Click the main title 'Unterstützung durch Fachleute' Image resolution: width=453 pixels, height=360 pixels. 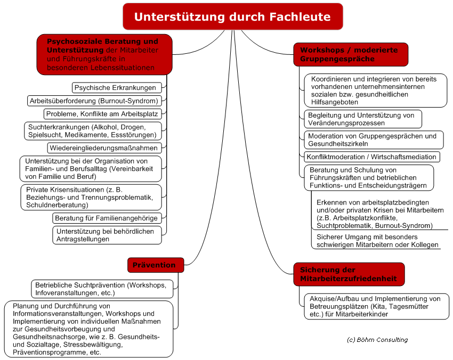pyautogui.click(x=232, y=17)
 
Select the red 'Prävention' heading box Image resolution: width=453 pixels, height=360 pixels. pyautogui.click(x=156, y=265)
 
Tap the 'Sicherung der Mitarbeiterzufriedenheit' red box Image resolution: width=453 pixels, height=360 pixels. pyautogui.click(x=349, y=274)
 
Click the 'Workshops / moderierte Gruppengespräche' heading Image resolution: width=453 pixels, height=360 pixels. pyautogui.click(x=351, y=54)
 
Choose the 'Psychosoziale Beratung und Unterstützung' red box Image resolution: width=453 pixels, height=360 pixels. pyautogui.click(x=104, y=54)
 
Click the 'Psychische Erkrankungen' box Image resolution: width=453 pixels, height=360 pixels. pyautogui.click(x=117, y=88)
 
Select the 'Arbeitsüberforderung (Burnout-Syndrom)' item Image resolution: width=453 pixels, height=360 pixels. pyautogui.click(x=94, y=101)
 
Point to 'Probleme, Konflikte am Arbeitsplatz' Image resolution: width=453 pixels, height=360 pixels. pyautogui.click(x=102, y=114)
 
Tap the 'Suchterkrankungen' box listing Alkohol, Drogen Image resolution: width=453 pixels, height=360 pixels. pyautogui.click(x=93, y=131)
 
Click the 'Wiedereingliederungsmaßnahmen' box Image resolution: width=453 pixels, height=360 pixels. pyautogui.click(x=104, y=148)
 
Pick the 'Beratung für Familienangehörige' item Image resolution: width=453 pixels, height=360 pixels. pyautogui.click(x=107, y=218)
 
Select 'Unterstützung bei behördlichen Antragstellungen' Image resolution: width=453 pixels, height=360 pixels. pyautogui.click(x=107, y=235)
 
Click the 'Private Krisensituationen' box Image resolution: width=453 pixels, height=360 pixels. pyautogui.click(x=91, y=198)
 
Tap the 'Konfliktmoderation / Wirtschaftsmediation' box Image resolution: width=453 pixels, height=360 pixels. pyautogui.click(x=372, y=157)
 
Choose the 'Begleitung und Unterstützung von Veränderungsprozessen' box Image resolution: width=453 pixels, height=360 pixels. pyautogui.click(x=363, y=119)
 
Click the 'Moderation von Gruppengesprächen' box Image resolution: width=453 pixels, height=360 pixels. pyautogui.click(x=374, y=140)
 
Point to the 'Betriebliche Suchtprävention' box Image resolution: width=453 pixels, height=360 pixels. pyautogui.click(x=102, y=289)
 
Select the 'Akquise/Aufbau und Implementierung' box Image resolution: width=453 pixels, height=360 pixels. pyautogui.click(x=377, y=306)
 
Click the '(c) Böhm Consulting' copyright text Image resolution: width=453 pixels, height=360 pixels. pyautogui.click(x=377, y=340)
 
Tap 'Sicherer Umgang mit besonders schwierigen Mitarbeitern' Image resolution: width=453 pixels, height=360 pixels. pyautogui.click(x=377, y=241)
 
